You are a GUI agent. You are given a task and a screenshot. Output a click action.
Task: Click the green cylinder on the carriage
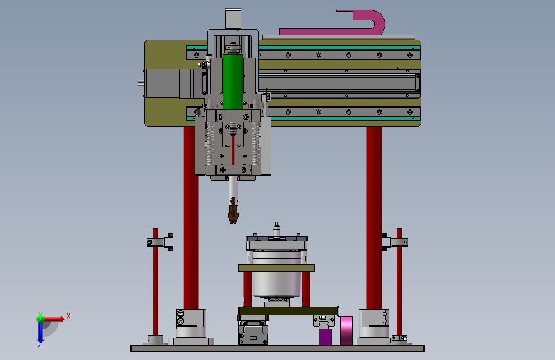pos(233,81)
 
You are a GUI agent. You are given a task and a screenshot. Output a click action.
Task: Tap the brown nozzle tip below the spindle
pos(232,211)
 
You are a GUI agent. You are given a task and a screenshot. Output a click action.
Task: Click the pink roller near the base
pos(346,331)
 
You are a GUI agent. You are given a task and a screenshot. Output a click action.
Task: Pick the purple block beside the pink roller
pos(325,336)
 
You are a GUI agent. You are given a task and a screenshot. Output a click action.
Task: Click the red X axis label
pos(68,316)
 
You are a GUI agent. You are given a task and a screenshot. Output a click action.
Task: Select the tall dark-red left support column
pos(191,218)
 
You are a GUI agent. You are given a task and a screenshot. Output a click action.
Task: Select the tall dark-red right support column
pos(374,218)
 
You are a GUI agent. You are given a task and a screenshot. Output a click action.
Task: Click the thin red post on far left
pos(156,282)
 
